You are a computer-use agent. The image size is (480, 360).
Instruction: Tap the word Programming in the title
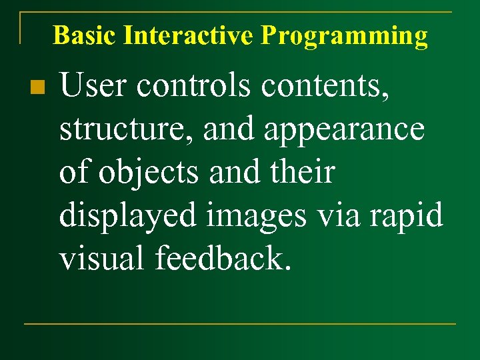344,35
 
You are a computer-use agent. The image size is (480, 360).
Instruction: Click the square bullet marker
37,87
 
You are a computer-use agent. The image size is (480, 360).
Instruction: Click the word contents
326,86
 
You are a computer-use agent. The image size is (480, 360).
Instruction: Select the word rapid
416,216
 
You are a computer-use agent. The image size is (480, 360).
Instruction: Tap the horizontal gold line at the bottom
240,324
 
